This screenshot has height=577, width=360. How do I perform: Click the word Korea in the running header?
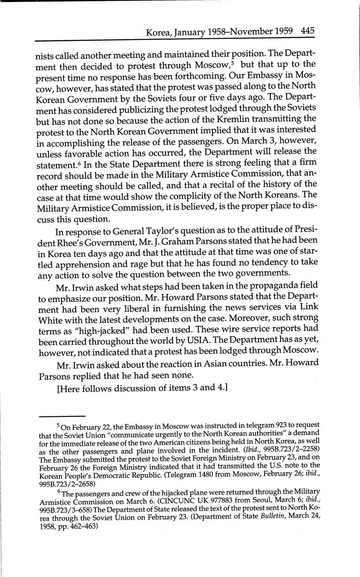coord(157,32)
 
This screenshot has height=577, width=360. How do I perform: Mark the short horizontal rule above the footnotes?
coord(62,416)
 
